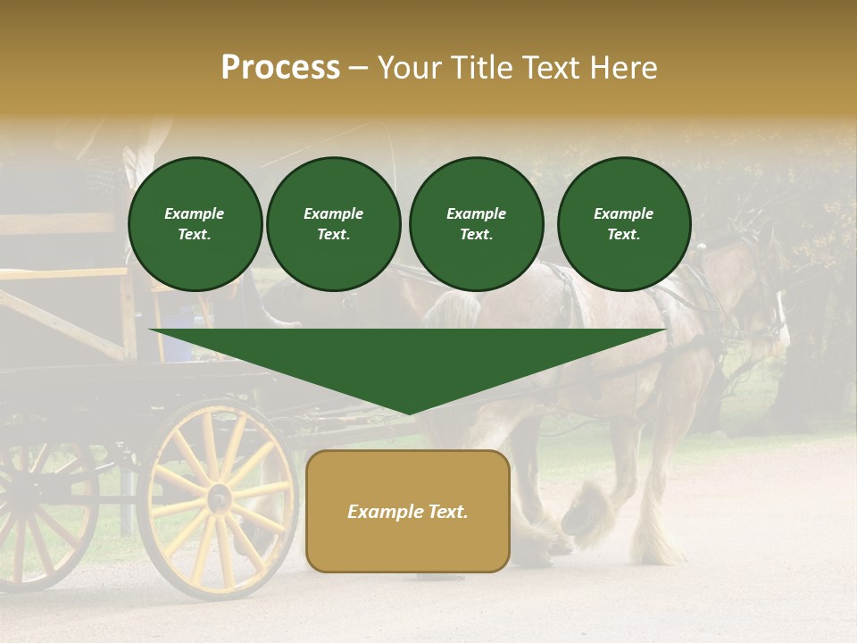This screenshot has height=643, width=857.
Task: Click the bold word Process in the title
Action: point(280,68)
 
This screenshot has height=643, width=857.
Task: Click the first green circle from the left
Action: point(196,224)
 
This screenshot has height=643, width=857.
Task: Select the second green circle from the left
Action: point(334,224)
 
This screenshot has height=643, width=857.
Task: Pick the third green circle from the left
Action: point(476,224)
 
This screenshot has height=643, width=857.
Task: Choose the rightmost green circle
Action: point(624,224)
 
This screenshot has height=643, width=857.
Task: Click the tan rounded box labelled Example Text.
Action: point(408,511)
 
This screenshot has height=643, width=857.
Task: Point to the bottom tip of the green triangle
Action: point(408,413)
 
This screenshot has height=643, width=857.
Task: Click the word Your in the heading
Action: point(412,68)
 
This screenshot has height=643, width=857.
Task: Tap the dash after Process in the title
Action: point(359,69)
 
